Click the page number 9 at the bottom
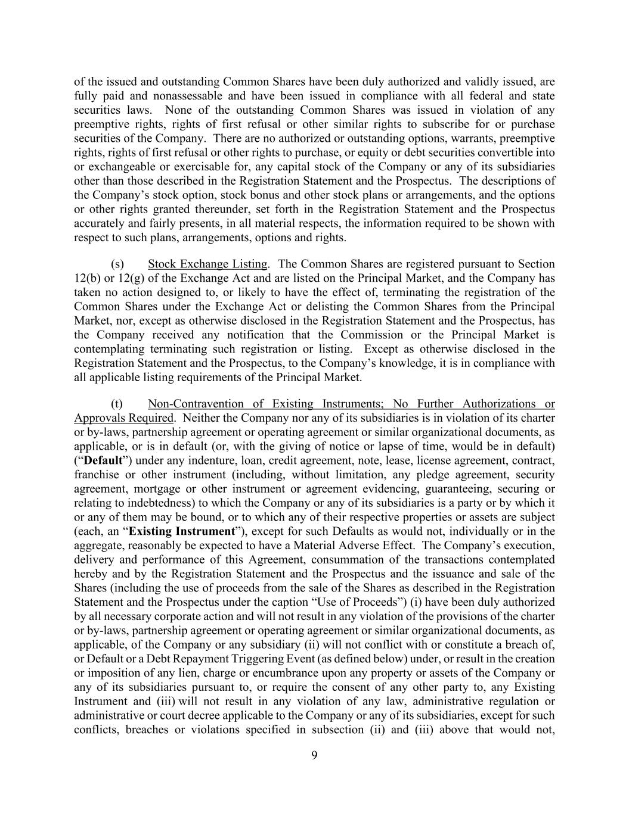pos(314,756)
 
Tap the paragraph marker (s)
pos(117,264)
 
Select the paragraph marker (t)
pos(117,404)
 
